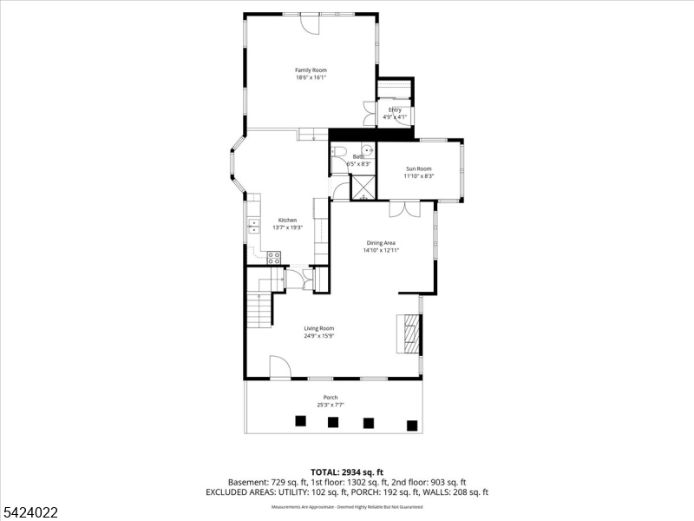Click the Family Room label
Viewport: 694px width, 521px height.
[x=311, y=69]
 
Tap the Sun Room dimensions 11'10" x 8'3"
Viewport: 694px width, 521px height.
[x=418, y=176]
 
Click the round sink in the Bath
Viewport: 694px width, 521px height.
[x=368, y=149]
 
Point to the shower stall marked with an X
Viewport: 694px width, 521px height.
[x=363, y=187]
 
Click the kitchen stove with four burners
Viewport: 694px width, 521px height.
[x=273, y=257]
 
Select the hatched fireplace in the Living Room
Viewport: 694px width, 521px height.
[x=409, y=333]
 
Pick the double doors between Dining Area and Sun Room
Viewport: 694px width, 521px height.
[x=404, y=208]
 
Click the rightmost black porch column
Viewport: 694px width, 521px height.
[x=412, y=425]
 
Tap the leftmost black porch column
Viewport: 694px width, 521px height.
[x=300, y=421]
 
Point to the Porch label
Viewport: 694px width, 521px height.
[x=331, y=398]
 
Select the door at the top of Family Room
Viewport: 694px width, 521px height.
[x=310, y=24]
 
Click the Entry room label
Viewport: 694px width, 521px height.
[x=395, y=109]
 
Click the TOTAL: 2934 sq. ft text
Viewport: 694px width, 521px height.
[x=346, y=472]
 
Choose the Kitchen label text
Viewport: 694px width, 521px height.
[x=287, y=220]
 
